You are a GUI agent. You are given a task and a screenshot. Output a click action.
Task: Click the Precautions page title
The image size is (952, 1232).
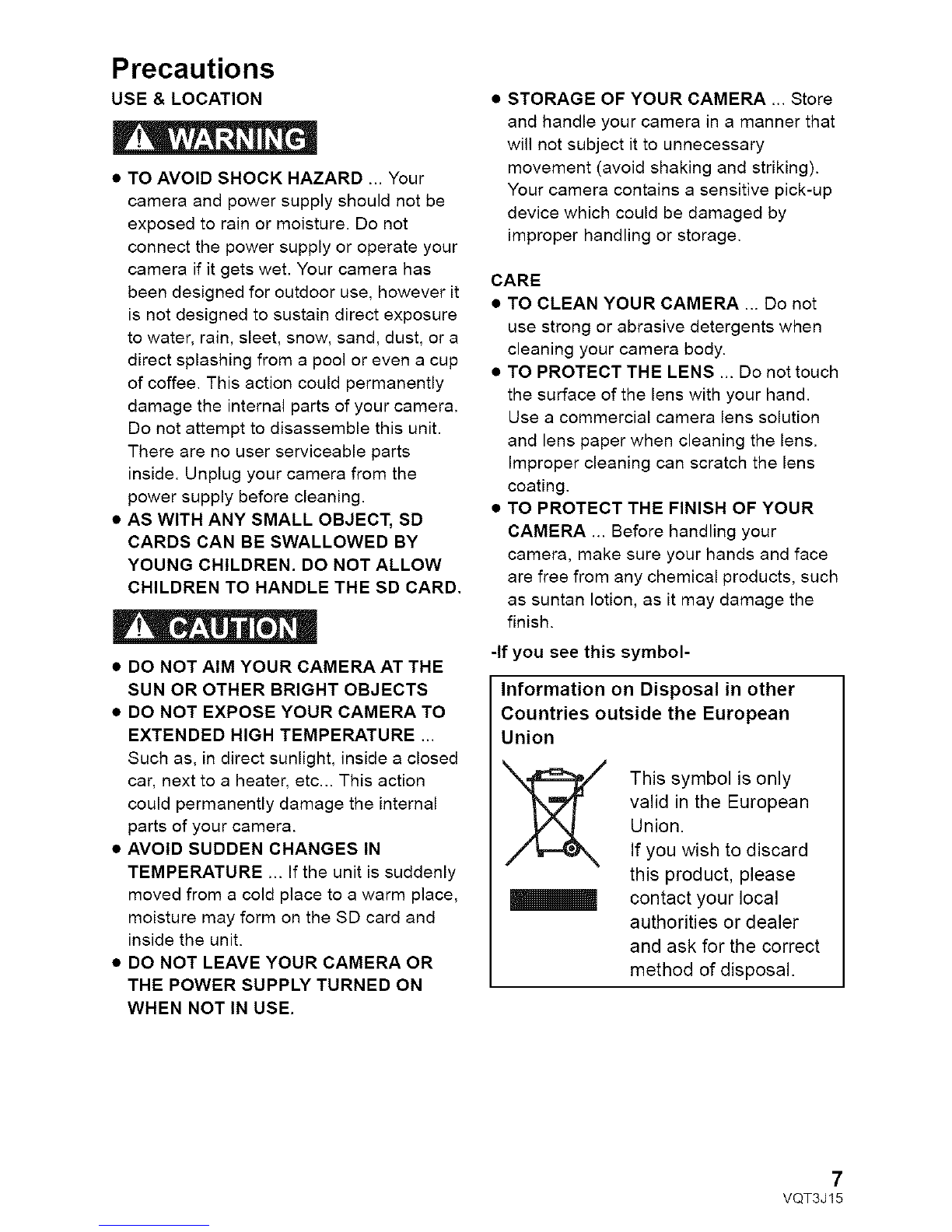pos(193,68)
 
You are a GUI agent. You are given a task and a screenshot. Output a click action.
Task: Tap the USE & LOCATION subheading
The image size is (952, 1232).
pos(187,99)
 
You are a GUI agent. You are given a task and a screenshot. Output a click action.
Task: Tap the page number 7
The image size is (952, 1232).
pos(836,1175)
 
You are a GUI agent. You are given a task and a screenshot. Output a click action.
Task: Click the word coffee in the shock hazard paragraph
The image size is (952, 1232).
pos(164,383)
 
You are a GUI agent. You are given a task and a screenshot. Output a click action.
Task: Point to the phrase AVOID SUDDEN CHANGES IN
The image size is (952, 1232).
pos(254,848)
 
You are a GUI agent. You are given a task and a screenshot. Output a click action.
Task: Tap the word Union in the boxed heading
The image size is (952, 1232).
pos(527,737)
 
